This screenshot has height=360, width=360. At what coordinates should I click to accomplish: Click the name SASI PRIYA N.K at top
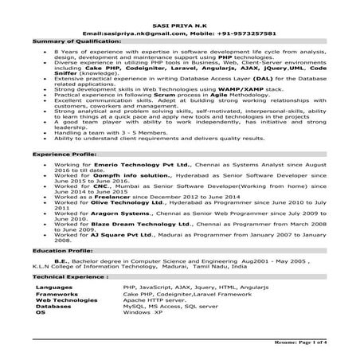point(179,25)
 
